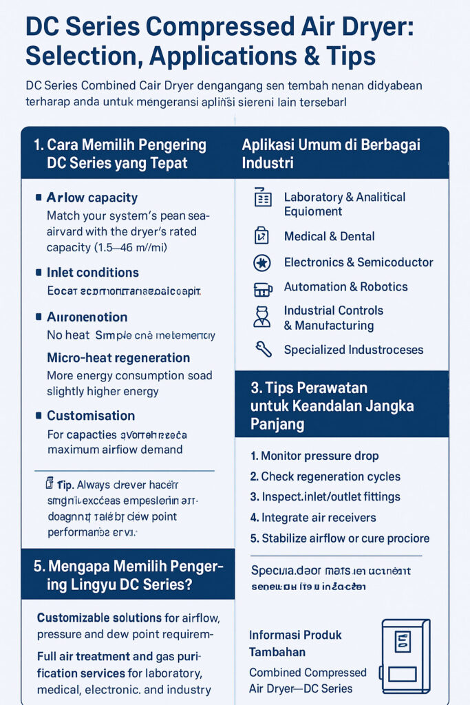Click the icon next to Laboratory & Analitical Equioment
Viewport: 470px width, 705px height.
coord(262,198)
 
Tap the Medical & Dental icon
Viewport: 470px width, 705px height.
coord(262,236)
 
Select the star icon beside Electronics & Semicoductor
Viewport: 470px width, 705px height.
coord(262,262)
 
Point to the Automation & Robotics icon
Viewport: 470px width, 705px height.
coord(262,287)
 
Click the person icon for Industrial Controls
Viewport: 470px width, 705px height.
coord(262,317)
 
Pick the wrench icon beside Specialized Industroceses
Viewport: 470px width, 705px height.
coord(262,350)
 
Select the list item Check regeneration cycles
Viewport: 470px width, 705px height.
coord(325,476)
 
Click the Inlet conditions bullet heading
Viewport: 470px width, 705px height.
coord(92,273)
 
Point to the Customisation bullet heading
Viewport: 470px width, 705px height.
coord(90,416)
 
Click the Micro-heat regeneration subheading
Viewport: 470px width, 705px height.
coord(118,358)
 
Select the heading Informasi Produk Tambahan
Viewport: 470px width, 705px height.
coord(295,642)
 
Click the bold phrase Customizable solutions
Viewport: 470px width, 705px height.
coord(99,618)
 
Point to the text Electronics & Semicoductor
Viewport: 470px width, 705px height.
coord(359,262)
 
